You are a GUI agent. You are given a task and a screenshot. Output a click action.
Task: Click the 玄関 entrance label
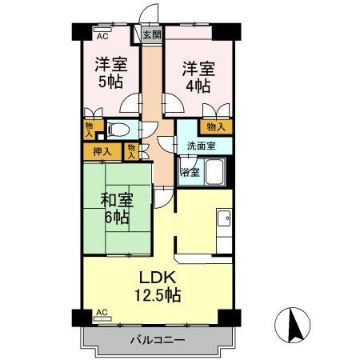pos(152,34)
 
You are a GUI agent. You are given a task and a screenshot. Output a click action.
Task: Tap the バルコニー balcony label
pos(158,340)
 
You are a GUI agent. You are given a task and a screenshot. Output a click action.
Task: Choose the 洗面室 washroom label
pos(201,146)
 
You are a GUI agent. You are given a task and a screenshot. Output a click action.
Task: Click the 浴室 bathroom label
pos(189,171)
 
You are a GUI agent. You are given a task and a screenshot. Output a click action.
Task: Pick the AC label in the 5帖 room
pos(102,35)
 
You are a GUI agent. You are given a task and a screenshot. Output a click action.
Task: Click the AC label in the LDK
pos(102,313)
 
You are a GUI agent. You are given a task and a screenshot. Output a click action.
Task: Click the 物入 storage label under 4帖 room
pos(215,126)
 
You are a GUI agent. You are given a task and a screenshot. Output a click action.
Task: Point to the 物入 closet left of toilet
pos(88,130)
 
